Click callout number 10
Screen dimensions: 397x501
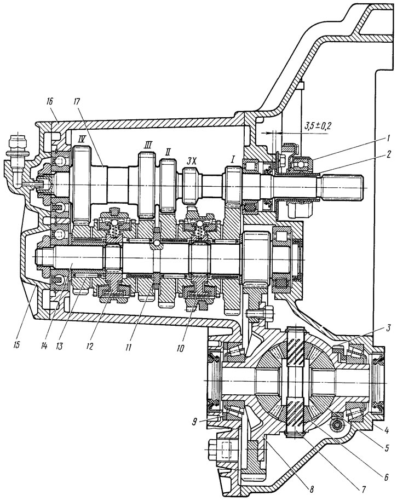pos(181,348)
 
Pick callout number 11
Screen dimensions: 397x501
pos(128,348)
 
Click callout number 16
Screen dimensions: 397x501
pos(51,102)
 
